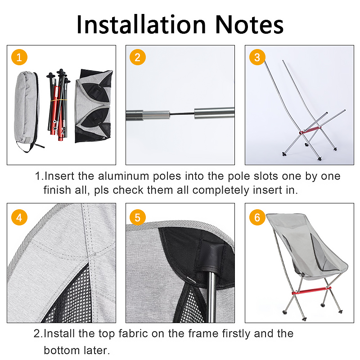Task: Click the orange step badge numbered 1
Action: tap(19, 57)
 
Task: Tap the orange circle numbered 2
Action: tap(138, 57)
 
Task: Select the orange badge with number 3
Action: tap(257, 57)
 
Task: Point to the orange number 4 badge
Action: tap(19, 217)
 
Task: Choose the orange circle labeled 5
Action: tap(138, 217)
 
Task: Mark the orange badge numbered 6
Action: tap(257, 217)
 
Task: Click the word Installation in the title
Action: tap(141, 25)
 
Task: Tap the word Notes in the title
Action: tap(249, 25)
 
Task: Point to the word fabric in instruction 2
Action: tap(133, 333)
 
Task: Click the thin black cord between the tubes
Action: tap(182, 113)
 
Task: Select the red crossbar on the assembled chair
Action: tap(311, 290)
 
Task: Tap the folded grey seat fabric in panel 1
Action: tap(94, 106)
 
